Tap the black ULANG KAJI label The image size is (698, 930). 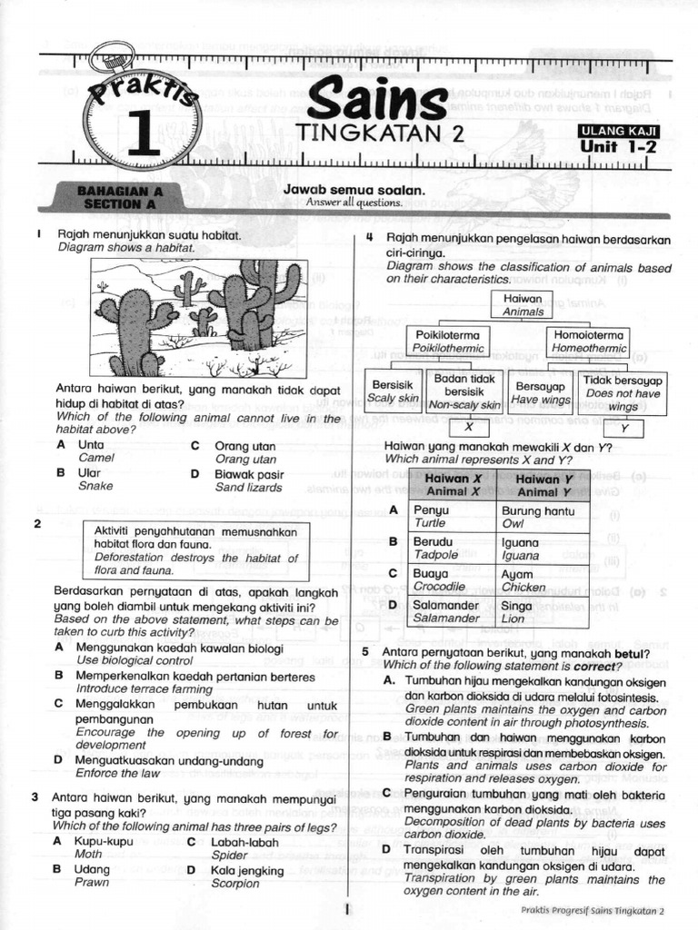[x=620, y=131]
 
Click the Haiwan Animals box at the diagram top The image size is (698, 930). [x=523, y=304]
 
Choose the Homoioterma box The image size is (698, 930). [x=589, y=341]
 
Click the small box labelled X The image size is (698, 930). [x=469, y=427]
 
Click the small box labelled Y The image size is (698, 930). [x=623, y=429]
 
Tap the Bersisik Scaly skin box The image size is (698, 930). [x=394, y=391]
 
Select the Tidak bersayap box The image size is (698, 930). [x=623, y=393]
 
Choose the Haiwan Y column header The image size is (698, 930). [x=543, y=485]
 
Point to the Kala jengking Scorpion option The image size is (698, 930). [x=234, y=876]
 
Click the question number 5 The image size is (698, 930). [x=365, y=652]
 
